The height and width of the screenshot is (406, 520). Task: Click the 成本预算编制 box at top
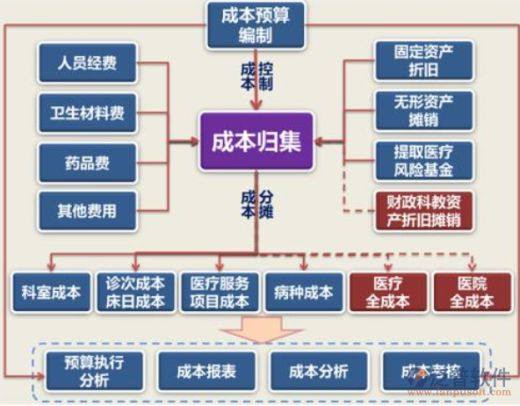click(x=255, y=25)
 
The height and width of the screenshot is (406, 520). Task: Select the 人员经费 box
click(x=87, y=63)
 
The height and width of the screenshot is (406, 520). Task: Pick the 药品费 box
click(x=87, y=162)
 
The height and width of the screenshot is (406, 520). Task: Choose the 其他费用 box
click(x=87, y=211)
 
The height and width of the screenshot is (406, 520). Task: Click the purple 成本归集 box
click(x=256, y=141)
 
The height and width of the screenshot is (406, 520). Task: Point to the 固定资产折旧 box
click(x=423, y=61)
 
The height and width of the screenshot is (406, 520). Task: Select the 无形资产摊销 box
click(x=423, y=111)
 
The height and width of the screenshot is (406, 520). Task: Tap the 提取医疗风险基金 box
click(x=423, y=161)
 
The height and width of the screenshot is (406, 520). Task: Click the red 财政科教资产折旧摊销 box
click(x=423, y=211)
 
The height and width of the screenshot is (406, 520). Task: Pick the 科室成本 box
click(x=50, y=293)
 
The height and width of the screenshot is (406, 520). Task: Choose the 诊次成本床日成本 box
click(x=134, y=293)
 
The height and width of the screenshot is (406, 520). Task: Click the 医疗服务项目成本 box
click(x=217, y=293)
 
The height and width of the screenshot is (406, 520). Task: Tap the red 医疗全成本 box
click(x=386, y=293)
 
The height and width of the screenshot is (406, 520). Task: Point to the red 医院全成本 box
click(x=471, y=293)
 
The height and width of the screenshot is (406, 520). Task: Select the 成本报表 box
click(x=206, y=370)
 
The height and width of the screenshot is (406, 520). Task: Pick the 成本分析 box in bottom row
click(x=318, y=370)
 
